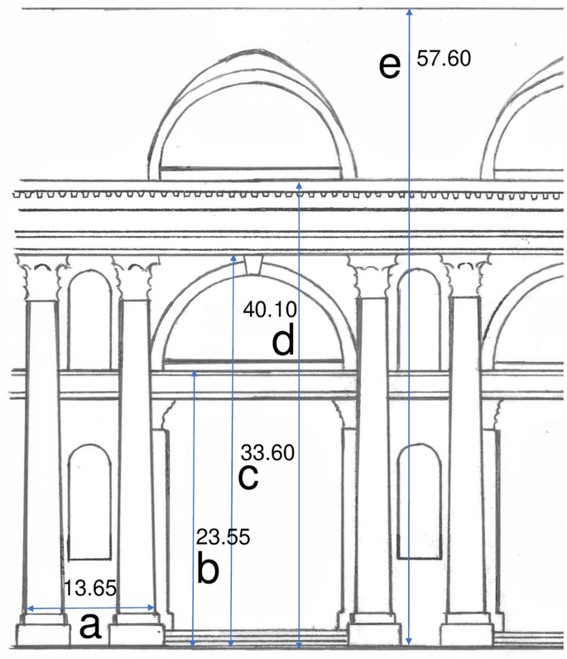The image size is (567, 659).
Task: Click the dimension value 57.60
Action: tap(444, 60)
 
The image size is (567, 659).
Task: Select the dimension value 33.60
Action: tap(268, 453)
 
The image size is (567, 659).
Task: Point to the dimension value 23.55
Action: tap(223, 536)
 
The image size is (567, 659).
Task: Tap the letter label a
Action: tap(89, 627)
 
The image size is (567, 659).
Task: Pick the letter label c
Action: tap(248, 477)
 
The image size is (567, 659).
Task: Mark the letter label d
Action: tap(283, 341)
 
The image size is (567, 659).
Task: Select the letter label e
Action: tap(389, 65)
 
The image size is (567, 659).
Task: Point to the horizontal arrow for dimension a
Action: tap(89, 608)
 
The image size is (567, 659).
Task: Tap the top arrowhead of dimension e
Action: tap(408, 12)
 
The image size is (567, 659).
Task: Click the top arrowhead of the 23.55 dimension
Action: tap(193, 375)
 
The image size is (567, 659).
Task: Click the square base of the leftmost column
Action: tap(43, 634)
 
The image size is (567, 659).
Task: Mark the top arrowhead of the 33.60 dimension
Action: tap(233, 259)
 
